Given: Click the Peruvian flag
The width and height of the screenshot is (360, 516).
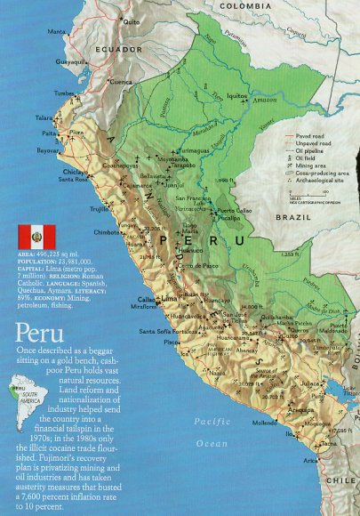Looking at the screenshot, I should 36,236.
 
